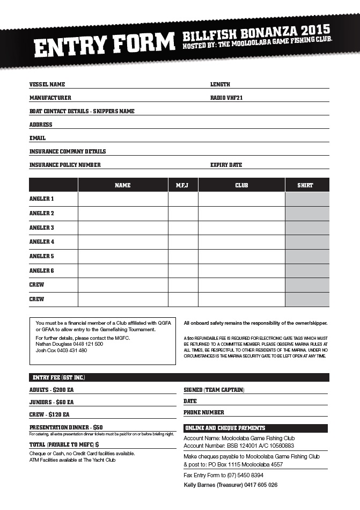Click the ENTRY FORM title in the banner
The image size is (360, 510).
(x=105, y=45)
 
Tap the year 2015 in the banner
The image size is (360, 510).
(x=315, y=30)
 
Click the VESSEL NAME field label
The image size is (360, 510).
(x=47, y=84)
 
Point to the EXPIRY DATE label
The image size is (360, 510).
(x=226, y=165)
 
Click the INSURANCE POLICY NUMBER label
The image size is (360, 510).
(x=65, y=165)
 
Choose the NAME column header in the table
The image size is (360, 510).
(x=123, y=185)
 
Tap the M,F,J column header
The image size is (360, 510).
(x=183, y=185)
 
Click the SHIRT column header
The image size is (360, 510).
(x=306, y=185)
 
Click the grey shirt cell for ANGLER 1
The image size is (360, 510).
(x=307, y=199)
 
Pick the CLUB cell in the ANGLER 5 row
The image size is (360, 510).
(x=241, y=256)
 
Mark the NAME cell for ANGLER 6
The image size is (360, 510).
(x=123, y=271)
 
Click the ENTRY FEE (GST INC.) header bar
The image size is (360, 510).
(x=59, y=377)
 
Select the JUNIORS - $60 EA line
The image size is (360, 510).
(x=52, y=402)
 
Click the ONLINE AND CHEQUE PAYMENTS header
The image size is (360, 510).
(x=225, y=428)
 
